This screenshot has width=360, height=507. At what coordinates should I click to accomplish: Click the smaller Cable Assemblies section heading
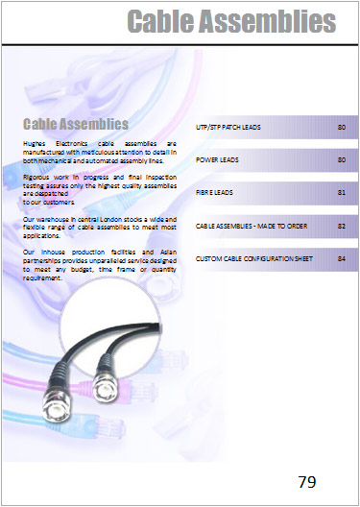coord(76,124)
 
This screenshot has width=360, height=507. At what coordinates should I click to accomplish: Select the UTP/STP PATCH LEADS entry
coord(235,127)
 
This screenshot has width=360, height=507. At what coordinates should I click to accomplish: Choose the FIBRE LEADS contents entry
coord(214,193)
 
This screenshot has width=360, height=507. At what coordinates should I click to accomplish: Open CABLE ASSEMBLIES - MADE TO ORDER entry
coord(250,226)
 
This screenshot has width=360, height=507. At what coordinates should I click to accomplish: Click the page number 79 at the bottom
coord(307,481)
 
